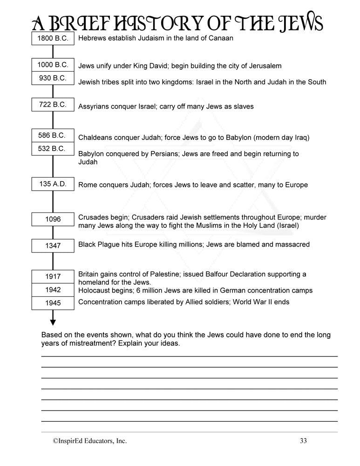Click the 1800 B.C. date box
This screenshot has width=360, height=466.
(x=53, y=39)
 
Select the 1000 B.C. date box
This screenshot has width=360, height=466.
(x=53, y=65)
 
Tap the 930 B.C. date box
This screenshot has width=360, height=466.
(x=53, y=78)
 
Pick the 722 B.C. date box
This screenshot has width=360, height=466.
(x=53, y=105)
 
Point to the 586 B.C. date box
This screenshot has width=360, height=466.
(x=53, y=136)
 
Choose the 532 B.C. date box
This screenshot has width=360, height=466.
(x=53, y=149)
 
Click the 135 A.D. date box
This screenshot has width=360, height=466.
(x=53, y=184)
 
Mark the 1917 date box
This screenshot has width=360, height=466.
(x=53, y=276)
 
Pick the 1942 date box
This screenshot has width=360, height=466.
(x=53, y=290)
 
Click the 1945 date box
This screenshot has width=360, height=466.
(x=53, y=303)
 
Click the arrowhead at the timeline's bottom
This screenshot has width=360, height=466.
(x=53, y=321)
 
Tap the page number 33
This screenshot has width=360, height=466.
(x=304, y=441)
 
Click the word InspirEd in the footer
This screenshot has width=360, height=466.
(x=71, y=441)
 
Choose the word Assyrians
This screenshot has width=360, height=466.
(x=95, y=106)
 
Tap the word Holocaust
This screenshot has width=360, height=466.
(x=95, y=290)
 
